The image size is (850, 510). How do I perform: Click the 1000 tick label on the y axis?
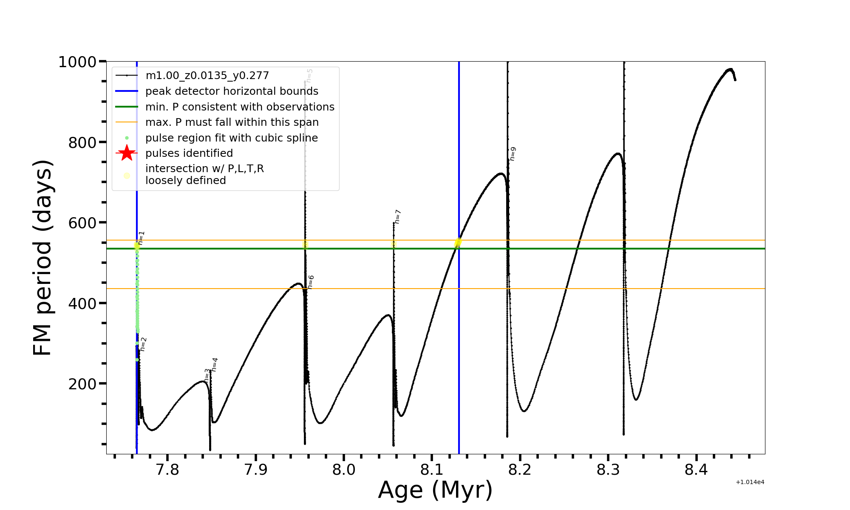(x=77, y=62)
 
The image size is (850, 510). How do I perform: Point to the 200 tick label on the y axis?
(x=82, y=384)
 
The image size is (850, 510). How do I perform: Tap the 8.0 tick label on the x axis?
(x=343, y=470)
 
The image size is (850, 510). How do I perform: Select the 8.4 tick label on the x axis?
(x=696, y=470)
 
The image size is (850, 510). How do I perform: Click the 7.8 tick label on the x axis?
(x=167, y=470)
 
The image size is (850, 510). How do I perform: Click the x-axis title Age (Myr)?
(x=435, y=490)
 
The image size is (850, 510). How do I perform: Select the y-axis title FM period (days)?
(x=43, y=258)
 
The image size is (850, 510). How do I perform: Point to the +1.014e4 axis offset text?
(x=750, y=482)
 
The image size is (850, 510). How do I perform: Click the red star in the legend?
(x=127, y=153)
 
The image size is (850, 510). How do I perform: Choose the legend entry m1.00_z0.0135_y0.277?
(x=207, y=76)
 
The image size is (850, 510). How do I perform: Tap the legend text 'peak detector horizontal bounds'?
(x=232, y=91)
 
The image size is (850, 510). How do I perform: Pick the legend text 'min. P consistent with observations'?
(x=240, y=107)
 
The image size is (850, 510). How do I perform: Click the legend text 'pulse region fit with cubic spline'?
(x=232, y=138)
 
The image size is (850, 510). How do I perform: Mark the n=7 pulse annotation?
(x=398, y=216)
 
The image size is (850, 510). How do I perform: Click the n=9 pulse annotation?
(x=513, y=154)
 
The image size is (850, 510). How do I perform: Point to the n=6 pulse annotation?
(x=311, y=282)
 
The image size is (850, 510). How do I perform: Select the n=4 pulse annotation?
(x=215, y=365)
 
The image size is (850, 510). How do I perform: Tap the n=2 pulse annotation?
(x=144, y=344)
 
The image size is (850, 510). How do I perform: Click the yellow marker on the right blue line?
(x=458, y=242)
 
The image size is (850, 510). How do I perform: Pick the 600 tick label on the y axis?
(x=82, y=223)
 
